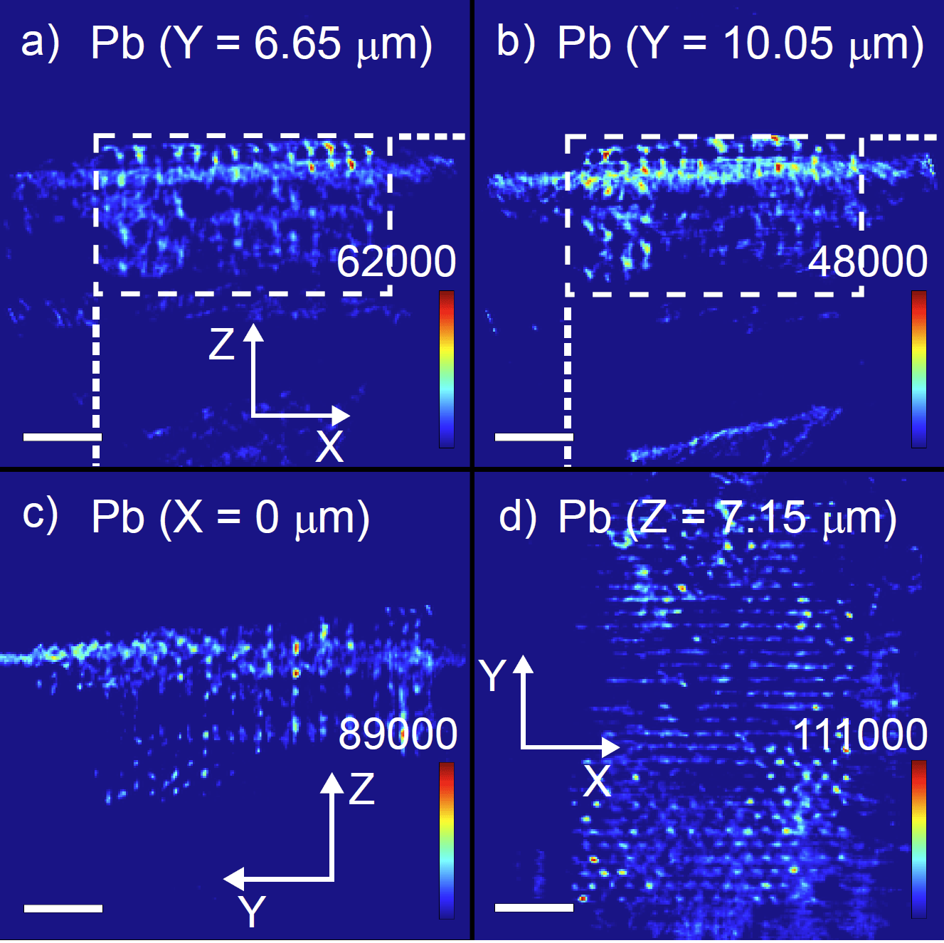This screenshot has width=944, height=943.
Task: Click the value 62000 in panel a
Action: pyautogui.click(x=396, y=261)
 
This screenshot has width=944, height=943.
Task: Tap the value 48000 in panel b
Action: pyautogui.click(x=868, y=261)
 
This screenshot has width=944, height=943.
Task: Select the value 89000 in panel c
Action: pyautogui.click(x=398, y=734)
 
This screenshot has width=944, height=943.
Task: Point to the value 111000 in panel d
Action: pyautogui.click(x=860, y=734)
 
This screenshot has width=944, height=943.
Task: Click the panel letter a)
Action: pyautogui.click(x=40, y=43)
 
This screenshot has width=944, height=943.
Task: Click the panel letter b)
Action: pyautogui.click(x=515, y=43)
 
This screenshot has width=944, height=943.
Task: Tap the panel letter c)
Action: pyautogui.click(x=40, y=515)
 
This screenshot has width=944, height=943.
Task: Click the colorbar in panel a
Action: pyautogui.click(x=447, y=369)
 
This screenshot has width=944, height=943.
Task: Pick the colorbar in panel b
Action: pyautogui.click(x=919, y=369)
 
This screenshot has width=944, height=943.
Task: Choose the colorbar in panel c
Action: pyautogui.click(x=447, y=841)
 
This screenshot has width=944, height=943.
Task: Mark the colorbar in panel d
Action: pyautogui.click(x=919, y=839)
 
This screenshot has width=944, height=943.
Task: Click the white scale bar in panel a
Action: pyautogui.click(x=62, y=437)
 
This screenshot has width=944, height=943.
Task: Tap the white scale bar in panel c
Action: pyautogui.click(x=63, y=908)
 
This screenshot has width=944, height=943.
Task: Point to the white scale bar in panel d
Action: pyautogui.click(x=534, y=907)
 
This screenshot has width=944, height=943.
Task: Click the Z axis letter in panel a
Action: pyautogui.click(x=221, y=344)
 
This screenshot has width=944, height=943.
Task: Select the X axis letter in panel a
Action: pyautogui.click(x=329, y=447)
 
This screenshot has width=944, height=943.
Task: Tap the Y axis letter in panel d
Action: pyautogui.click(x=492, y=675)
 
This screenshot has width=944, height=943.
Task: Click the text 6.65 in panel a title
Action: pyautogui.click(x=297, y=43)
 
